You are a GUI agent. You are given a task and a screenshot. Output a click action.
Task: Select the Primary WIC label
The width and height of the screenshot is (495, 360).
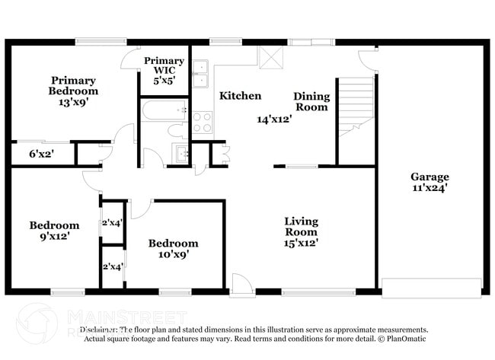click(164, 65)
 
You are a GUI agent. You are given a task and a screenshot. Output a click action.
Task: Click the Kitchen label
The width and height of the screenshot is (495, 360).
click(240, 96)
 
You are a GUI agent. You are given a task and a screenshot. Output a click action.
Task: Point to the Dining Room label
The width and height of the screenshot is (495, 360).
click(311, 101)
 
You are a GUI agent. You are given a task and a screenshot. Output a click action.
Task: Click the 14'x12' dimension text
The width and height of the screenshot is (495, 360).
click(274, 119)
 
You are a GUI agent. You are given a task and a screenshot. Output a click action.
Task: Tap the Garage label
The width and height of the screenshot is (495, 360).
click(430, 177)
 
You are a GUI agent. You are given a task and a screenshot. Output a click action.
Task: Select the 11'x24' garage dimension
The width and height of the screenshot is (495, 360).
click(430, 187)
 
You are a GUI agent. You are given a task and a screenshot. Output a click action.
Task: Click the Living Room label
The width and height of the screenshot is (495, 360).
click(301, 226)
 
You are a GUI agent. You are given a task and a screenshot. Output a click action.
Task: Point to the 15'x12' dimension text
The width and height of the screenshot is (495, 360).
click(301, 243)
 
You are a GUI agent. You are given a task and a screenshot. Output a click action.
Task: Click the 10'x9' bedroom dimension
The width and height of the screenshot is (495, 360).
click(173, 254)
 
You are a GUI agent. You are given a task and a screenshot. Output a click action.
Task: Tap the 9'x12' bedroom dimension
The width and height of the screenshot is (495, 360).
click(54, 236)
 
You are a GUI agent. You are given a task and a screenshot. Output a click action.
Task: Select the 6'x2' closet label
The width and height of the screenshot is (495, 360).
click(41, 155)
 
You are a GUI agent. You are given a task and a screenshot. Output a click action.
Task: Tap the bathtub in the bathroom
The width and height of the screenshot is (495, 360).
click(161, 111)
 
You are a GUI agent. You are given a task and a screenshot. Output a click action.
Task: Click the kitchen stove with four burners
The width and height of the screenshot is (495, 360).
click(202, 122)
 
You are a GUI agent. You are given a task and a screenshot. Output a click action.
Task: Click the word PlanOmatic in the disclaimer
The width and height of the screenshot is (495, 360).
click(406, 338)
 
